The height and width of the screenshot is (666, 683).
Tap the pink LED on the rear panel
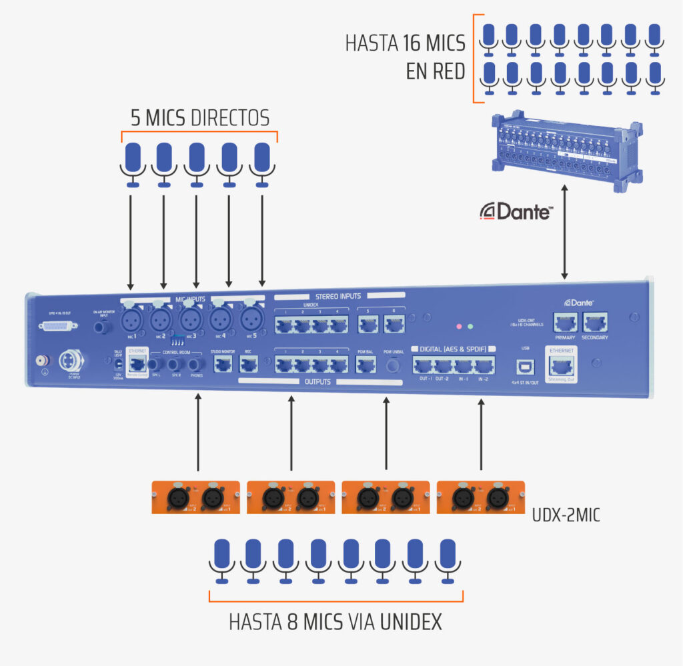click(458, 327)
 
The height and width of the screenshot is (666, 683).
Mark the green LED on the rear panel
click(471, 327)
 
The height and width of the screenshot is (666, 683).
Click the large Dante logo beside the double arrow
click(516, 212)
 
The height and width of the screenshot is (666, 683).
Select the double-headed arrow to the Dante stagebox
click(566, 233)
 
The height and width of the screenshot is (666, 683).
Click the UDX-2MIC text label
click(566, 515)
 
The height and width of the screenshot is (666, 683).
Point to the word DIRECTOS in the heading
click(229, 118)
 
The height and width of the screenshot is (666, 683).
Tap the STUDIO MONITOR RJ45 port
click(222, 364)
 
